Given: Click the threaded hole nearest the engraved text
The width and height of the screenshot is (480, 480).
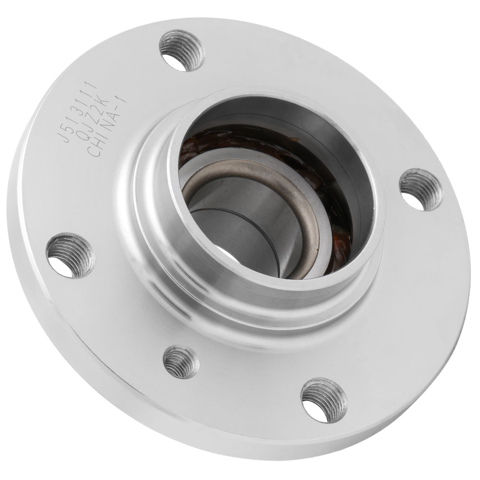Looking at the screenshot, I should pyautogui.click(x=181, y=49).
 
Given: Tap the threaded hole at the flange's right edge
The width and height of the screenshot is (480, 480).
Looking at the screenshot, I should pyautogui.click(x=420, y=189).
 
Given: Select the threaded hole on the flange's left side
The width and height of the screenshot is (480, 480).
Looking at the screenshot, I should pyautogui.click(x=71, y=254).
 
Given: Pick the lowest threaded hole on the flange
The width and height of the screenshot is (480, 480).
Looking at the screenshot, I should pyautogui.click(x=323, y=399).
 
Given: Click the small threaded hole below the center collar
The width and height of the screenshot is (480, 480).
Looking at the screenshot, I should pyautogui.click(x=180, y=361).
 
